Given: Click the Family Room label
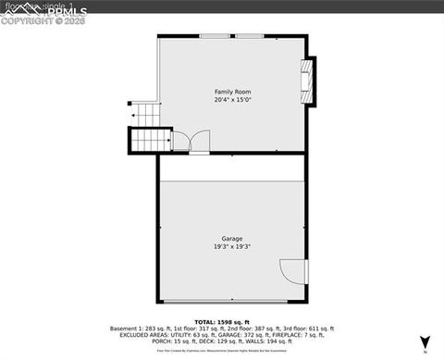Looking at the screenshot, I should coord(232,92).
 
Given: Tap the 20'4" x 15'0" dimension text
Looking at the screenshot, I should coord(232,100).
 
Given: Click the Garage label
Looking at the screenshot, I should coord(231,239).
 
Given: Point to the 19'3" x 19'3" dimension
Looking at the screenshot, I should coord(231,247).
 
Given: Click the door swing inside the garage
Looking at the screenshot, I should coord(293,271).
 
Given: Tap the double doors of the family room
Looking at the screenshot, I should coord(191,142).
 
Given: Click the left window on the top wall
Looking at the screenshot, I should coord(216,36).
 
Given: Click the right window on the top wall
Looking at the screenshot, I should coord(248,36).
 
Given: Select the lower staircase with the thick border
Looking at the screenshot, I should coord(148,140).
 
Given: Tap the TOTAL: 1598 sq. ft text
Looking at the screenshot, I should coord(222,320).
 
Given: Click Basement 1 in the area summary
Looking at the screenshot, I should coord(129,328).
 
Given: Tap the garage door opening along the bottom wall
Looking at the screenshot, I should coord(231,303).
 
